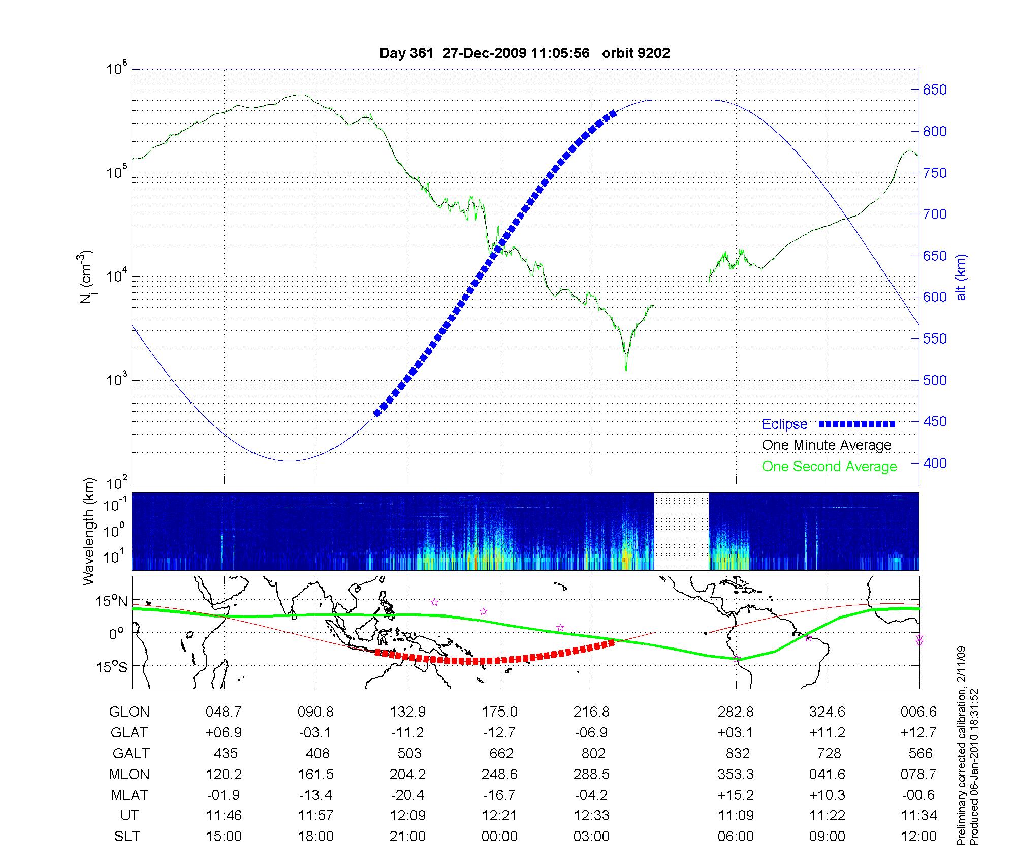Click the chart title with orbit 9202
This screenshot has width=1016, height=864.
524,53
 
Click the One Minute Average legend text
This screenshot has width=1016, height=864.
827,445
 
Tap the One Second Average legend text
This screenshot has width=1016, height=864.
829,467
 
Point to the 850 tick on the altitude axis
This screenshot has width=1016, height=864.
935,90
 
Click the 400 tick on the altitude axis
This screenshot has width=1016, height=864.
935,463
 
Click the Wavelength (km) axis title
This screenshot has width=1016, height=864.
89,531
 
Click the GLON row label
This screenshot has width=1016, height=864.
129,712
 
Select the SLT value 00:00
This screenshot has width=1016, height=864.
499,836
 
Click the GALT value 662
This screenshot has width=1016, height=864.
501,753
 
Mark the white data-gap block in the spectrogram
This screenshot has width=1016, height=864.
681,531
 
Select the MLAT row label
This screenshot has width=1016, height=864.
129,795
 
